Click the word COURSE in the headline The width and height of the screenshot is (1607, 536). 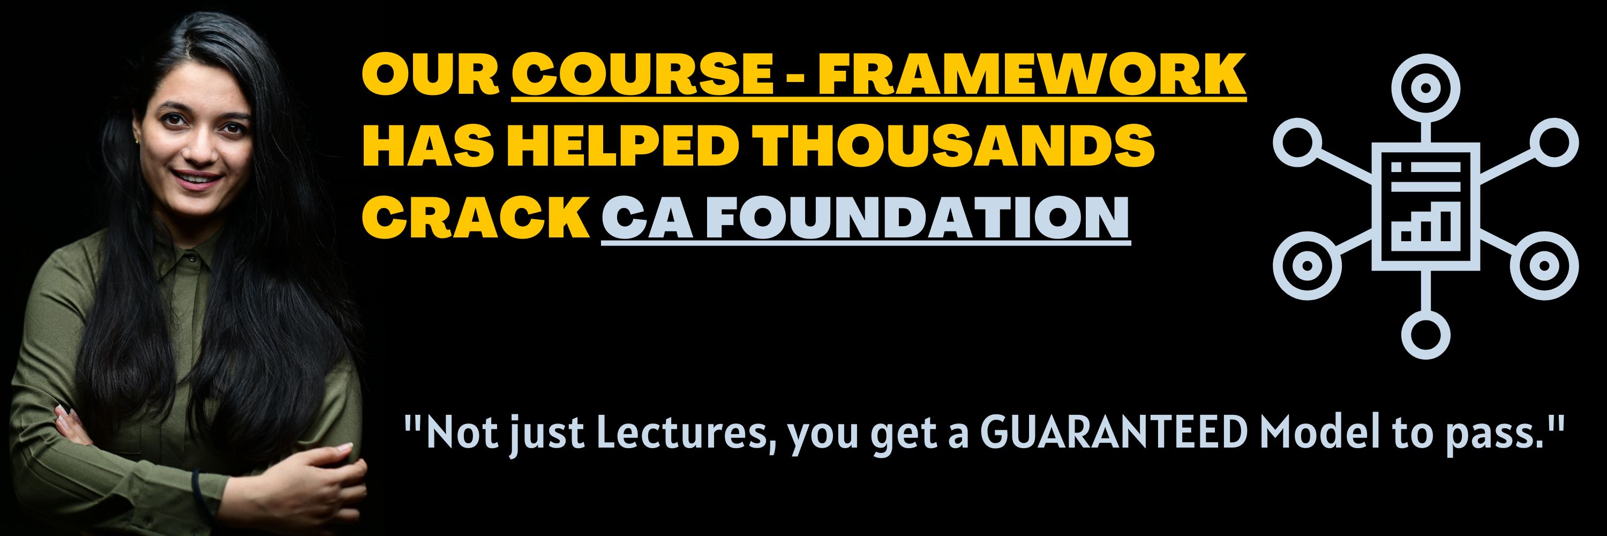[643, 75]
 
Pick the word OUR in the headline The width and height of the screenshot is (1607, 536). [431, 75]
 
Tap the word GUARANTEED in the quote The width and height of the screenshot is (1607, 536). [1114, 433]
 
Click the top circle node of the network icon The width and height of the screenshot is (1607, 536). [1425, 88]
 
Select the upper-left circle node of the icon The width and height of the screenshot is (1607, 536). [1297, 142]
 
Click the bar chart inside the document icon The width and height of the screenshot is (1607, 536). [1425, 227]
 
